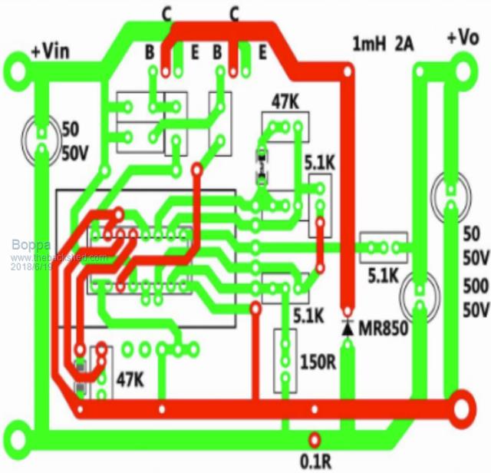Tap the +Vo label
463,37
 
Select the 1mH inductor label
368,44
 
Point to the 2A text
404,44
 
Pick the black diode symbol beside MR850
348,328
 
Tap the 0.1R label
315,461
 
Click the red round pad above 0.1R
313,440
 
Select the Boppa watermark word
28,245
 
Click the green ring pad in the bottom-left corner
16,444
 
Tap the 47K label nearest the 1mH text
285,101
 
